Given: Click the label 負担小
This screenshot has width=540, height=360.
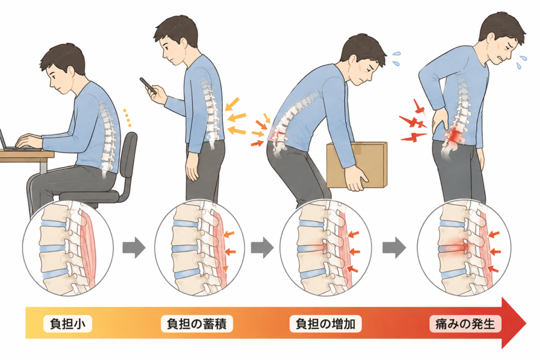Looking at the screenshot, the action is point(67,324).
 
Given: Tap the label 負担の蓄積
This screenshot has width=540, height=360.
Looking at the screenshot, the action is point(197,324).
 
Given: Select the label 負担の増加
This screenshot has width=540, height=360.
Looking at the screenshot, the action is point(326,324).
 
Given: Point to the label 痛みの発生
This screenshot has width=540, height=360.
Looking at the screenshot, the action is point(465,324).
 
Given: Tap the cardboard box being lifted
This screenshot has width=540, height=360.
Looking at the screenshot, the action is point(357,165).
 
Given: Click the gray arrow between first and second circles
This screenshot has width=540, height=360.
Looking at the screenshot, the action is point(134,247).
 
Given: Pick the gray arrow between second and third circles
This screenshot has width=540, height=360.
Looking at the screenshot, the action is point(262,247).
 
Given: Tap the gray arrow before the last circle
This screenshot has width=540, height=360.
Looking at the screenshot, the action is point(394,247).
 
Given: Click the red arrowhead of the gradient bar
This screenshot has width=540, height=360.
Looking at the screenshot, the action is point(513,323).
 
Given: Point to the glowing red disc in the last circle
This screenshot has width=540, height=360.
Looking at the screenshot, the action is point(455,247).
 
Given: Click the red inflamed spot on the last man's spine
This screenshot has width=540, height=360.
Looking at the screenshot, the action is point(455,135).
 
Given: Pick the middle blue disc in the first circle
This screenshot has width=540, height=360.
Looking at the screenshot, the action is point(53,248).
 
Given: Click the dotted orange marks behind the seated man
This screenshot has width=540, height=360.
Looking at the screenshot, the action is point(127,117).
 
